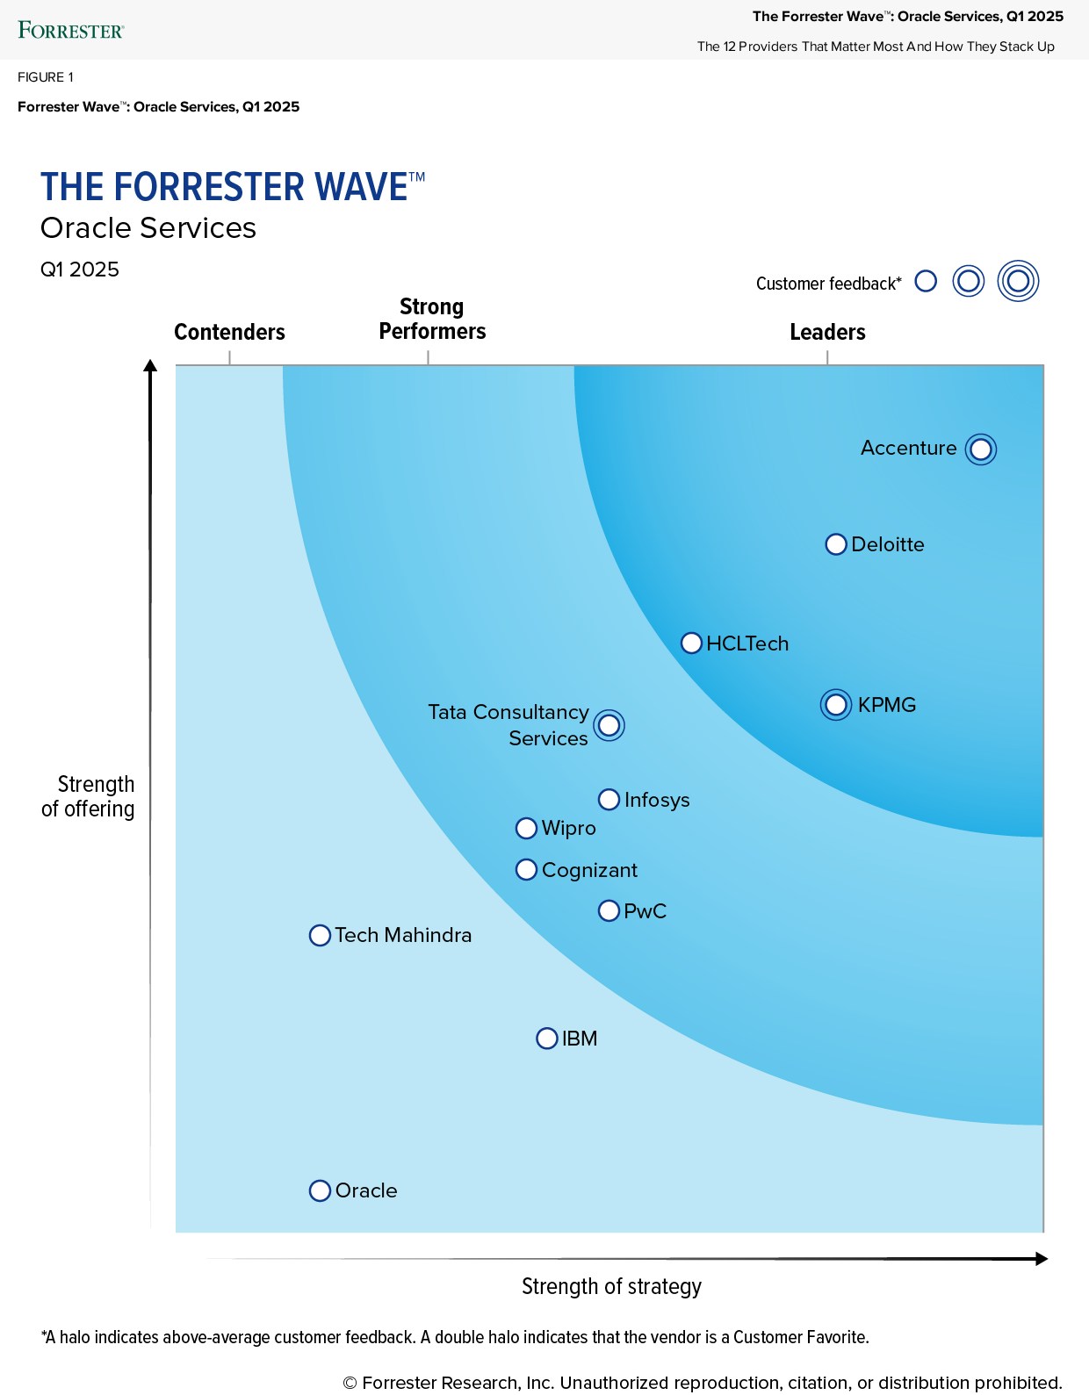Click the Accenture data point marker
click(980, 449)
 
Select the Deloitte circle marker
click(836, 544)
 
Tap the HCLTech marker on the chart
click(691, 644)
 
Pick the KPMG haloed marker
click(836, 705)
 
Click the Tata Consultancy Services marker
click(609, 726)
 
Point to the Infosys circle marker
click(609, 800)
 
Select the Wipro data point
click(526, 828)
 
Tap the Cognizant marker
click(526, 870)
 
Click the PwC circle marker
click(609, 911)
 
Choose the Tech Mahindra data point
click(320, 936)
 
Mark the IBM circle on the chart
click(546, 1039)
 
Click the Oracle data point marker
click(320, 1191)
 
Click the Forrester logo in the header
click(70, 31)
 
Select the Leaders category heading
click(827, 332)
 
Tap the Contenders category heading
click(229, 332)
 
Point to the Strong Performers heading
click(431, 319)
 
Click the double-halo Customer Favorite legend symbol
click(1018, 282)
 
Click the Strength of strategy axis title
click(611, 1287)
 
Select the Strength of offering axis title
click(90, 796)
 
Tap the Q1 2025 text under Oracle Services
click(80, 270)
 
